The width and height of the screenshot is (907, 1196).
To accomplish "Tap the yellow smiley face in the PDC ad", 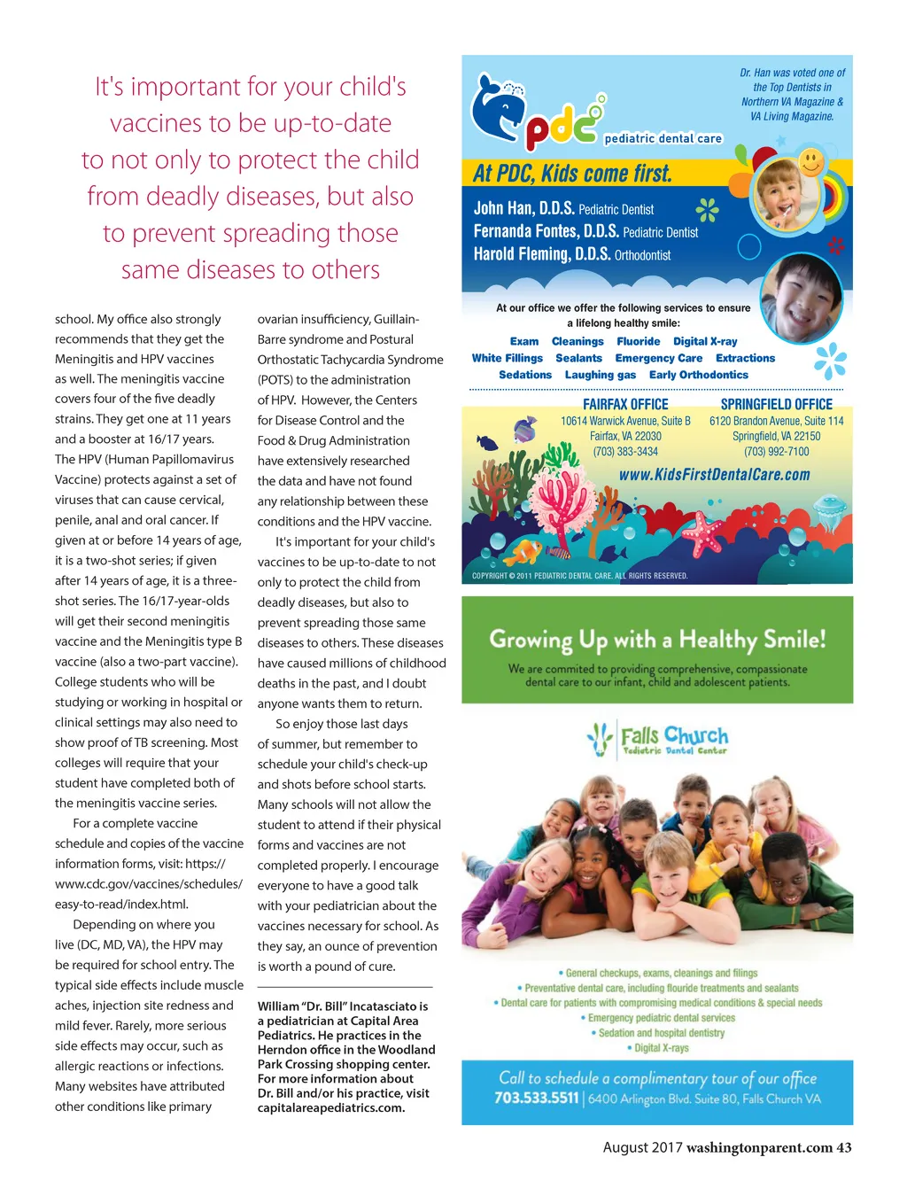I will point(810,162).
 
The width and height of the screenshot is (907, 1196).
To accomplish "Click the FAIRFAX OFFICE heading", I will point(625,404).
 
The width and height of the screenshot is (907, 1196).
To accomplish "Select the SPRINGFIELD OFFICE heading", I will point(776,404).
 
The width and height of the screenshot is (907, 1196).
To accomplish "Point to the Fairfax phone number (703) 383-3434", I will point(625,452).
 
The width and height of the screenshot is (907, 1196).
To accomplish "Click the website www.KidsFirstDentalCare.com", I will point(714,475).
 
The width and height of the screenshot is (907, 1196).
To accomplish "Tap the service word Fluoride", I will point(638,341).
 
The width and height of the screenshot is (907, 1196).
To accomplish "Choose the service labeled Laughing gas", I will point(600,375).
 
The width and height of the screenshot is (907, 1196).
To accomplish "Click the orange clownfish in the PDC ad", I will point(524,551).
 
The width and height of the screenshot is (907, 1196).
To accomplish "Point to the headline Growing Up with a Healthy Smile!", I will point(657,640).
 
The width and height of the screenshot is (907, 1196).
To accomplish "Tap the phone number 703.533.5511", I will point(536,1099).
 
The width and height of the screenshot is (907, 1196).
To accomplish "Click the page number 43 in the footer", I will point(844,1148).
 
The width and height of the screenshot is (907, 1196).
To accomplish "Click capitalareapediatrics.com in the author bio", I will point(330,1107).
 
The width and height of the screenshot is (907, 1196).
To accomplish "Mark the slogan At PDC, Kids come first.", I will point(572,174).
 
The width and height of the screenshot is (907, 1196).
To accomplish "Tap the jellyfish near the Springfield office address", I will point(829,509).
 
